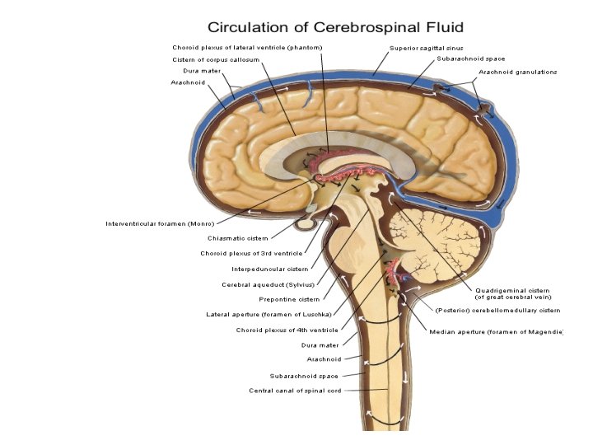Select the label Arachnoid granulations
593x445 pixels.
pyautogui.click(x=517, y=72)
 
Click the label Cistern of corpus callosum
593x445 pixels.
pyautogui.click(x=216, y=59)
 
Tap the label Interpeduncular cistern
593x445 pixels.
pyautogui.click(x=269, y=268)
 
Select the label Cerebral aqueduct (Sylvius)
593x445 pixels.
pyautogui.click(x=264, y=284)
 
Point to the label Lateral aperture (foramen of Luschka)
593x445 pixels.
pyautogui.click(x=268, y=314)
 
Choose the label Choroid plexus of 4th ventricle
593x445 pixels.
pyautogui.click(x=287, y=330)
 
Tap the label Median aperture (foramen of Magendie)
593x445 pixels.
pyautogui.click(x=496, y=331)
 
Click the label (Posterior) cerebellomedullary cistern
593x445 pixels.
pyautogui.click(x=497, y=311)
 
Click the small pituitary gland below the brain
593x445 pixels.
pyautogui.click(x=306, y=222)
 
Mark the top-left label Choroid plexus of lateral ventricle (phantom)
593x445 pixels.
pyautogui.click(x=246, y=47)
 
